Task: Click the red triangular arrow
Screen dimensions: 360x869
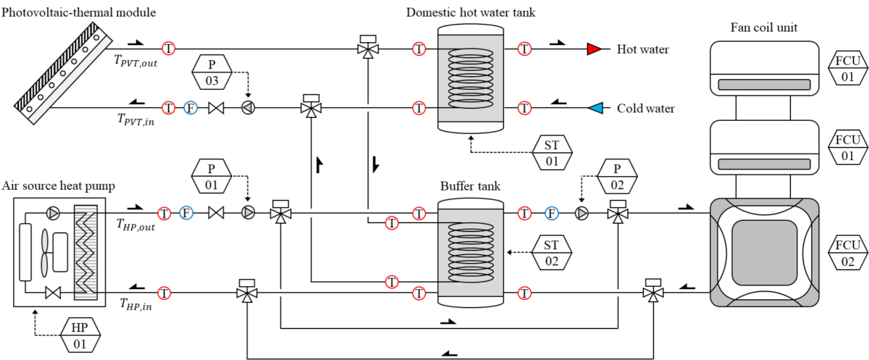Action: pos(594,49)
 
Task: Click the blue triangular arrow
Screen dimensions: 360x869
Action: pos(595,108)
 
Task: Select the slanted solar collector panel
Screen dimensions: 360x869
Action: pos(64,74)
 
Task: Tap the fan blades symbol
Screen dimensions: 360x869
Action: pos(44,252)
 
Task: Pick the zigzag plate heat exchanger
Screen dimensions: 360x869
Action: pos(85,252)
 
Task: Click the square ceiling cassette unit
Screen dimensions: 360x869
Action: pos(764,252)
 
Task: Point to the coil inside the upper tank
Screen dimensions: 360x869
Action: pos(471,78)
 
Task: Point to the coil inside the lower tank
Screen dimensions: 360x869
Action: pos(471,252)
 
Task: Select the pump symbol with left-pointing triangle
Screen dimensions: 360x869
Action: pos(248,108)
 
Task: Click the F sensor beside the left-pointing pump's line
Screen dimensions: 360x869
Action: pos(190,108)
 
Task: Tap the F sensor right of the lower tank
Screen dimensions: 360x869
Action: pos(552,213)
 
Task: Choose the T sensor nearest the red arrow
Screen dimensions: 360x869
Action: pos(524,49)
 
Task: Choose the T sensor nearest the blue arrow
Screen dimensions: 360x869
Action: pos(524,108)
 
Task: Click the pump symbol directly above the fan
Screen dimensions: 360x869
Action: pos(53,213)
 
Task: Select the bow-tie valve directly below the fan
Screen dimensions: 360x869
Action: pos(53,293)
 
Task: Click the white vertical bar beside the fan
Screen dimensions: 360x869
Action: pos(25,252)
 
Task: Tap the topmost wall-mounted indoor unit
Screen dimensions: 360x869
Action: pos(764,68)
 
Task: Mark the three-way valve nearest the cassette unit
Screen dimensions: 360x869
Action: pos(653,290)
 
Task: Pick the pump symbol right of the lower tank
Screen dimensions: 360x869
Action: pos(582,213)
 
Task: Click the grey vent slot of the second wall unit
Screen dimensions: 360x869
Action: pos(764,164)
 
